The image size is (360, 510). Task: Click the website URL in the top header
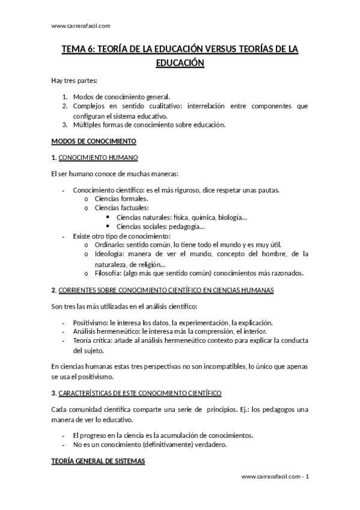coord(81,25)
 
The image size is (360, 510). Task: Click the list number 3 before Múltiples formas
coord(65,125)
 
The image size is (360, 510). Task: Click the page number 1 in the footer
coord(307,477)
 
